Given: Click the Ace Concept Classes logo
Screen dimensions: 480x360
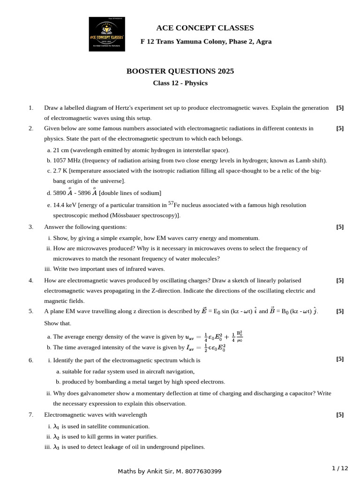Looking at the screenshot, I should coord(107,34).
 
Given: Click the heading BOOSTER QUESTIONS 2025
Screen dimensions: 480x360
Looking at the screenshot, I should coord(180,71).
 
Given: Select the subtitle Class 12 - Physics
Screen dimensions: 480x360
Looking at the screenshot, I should coord(180,83).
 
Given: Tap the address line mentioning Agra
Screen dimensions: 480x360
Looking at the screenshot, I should coord(206,41).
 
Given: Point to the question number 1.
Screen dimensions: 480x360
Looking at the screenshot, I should coord(31,108).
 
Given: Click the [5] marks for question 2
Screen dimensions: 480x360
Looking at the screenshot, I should coord(340,128).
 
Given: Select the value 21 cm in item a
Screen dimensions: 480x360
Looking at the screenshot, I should coord(61,150).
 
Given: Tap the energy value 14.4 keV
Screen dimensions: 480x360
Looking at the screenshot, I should coord(65,205).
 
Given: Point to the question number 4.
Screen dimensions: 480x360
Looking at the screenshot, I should coord(31,280).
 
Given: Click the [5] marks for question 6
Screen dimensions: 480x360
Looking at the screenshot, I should coord(340,360).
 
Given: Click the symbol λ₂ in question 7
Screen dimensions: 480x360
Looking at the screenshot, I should coord(56,437).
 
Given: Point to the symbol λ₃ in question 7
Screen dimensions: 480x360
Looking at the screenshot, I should coord(56,447).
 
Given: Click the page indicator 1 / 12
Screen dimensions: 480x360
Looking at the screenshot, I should coord(340,468).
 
